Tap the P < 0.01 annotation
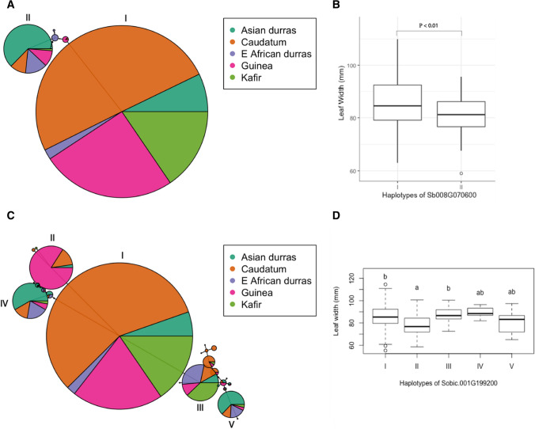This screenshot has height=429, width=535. click(428, 25)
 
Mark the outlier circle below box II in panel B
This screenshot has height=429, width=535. click(461, 173)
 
